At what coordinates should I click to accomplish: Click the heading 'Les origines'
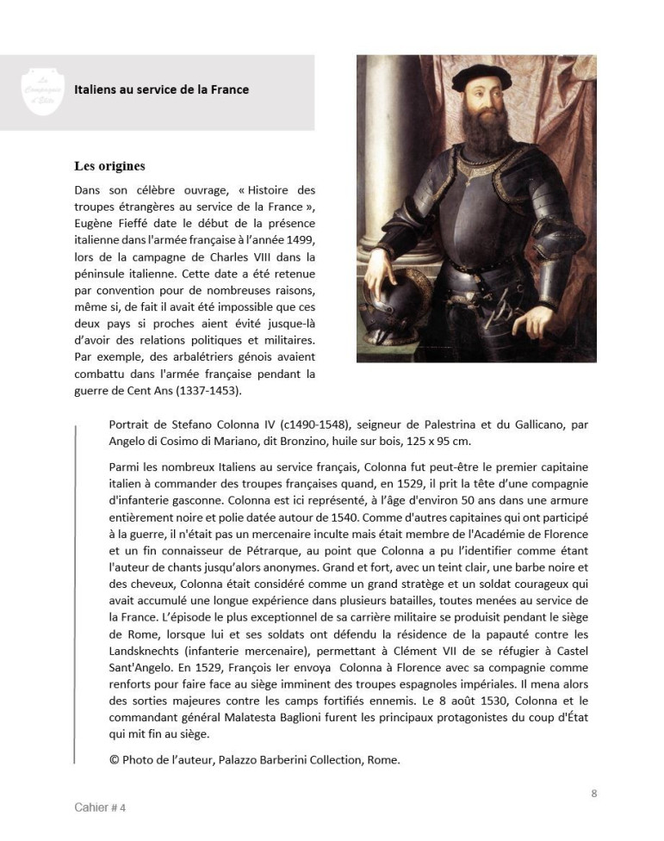[109, 166]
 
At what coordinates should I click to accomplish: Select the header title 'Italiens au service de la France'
[161, 90]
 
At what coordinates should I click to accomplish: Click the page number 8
[593, 794]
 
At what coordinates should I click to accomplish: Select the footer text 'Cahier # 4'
[100, 808]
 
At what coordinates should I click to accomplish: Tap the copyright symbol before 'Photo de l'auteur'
[114, 759]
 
